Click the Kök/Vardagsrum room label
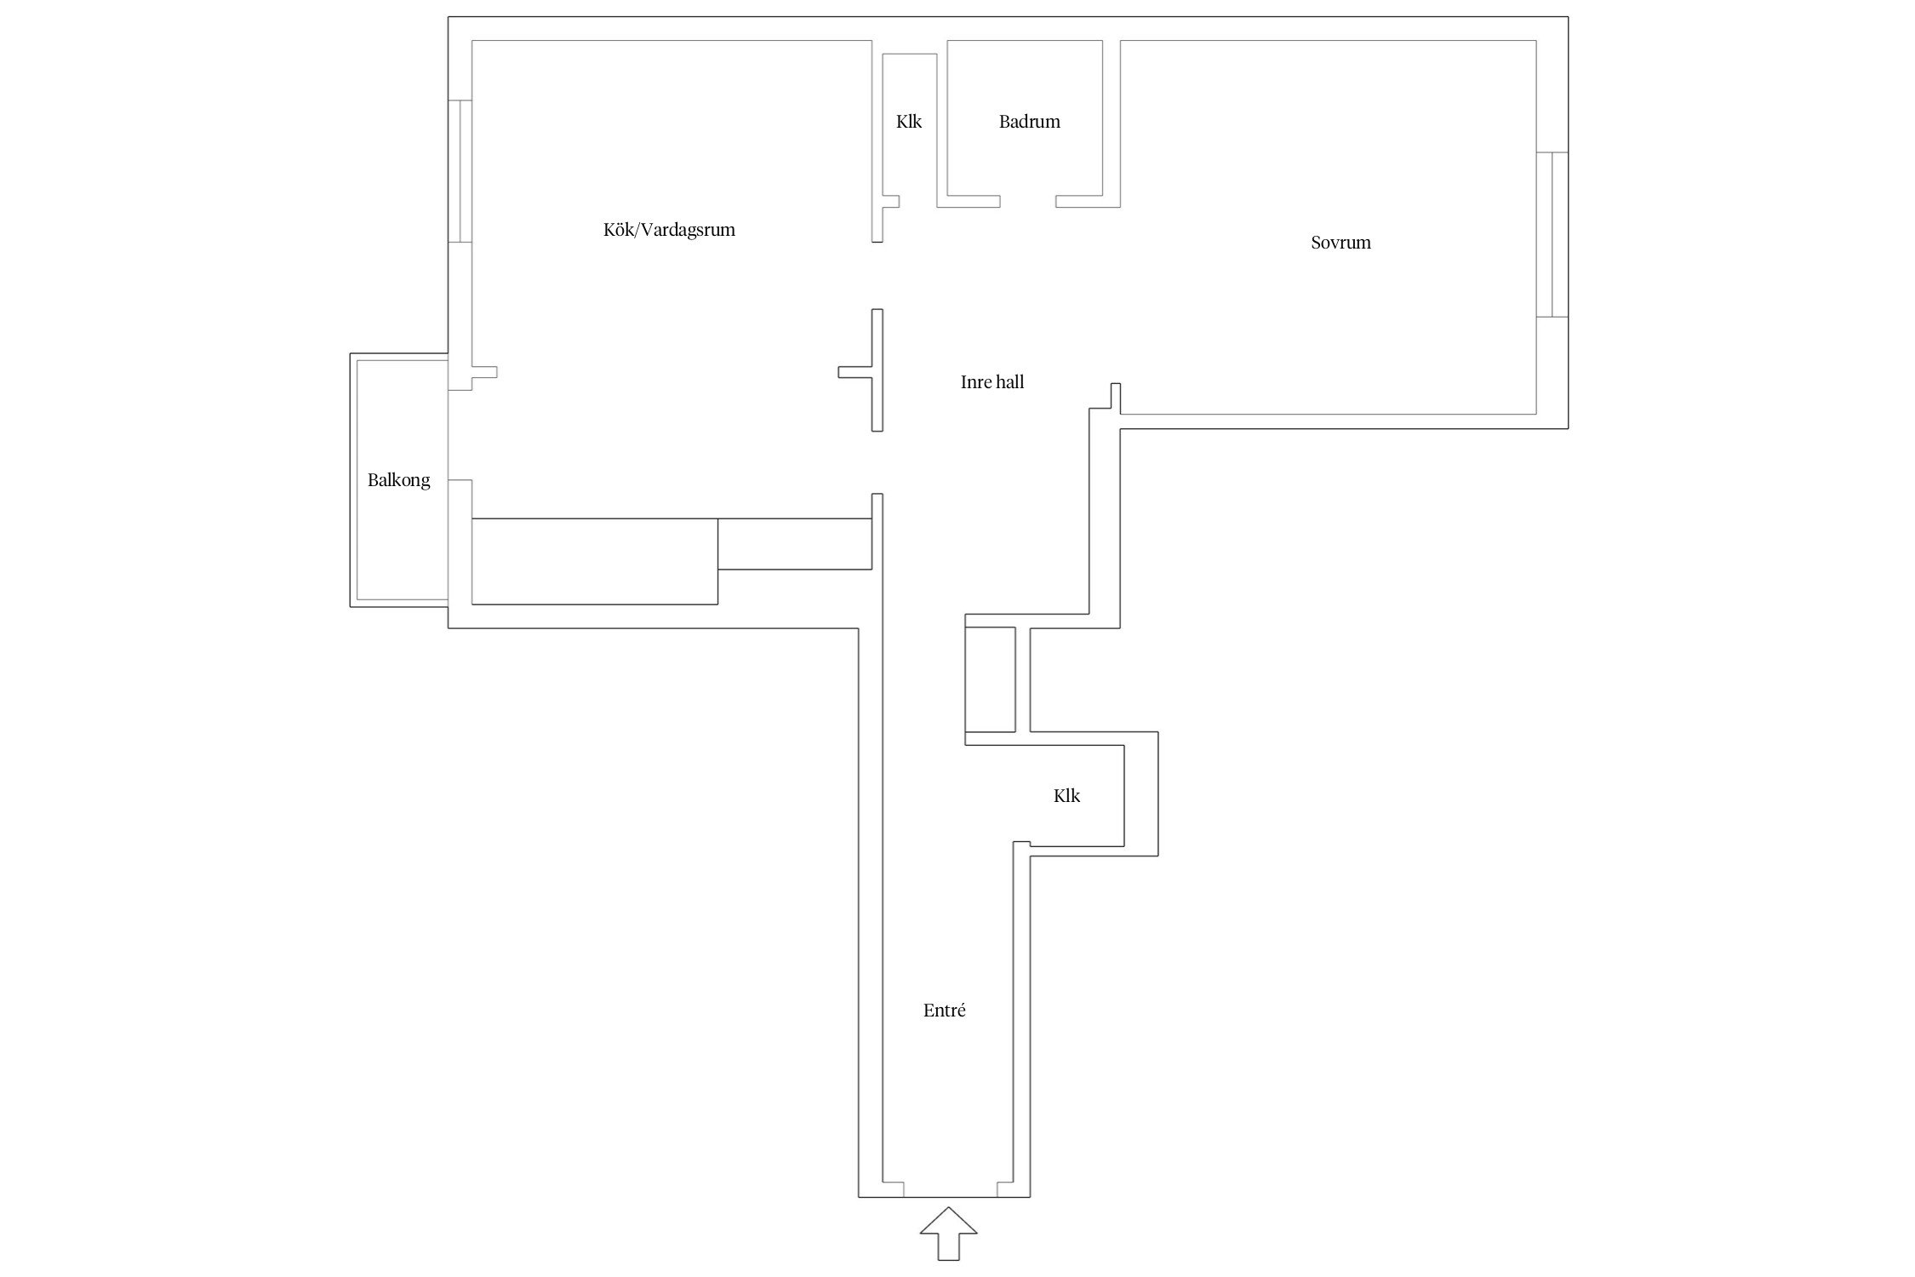point(669,230)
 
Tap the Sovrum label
point(1340,243)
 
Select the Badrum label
point(1030,122)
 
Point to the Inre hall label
point(992,382)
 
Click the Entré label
point(945,1011)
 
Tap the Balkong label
point(398,480)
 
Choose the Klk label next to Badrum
point(909,122)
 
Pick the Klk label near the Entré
point(1066,796)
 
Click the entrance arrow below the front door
point(948,1233)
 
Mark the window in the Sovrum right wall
point(1552,234)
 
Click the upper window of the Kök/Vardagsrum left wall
point(460,171)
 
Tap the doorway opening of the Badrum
point(1028,202)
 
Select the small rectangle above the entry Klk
point(990,679)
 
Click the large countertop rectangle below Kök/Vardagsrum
point(595,561)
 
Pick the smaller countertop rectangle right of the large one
point(795,543)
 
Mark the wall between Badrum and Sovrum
point(1112,123)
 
